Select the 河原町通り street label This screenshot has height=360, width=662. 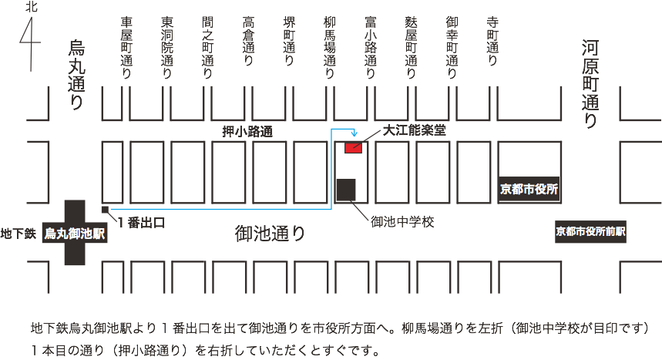click(x=590, y=85)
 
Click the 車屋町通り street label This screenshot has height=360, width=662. click(x=126, y=48)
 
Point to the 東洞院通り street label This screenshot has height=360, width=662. click(x=166, y=48)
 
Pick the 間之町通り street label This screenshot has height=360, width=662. click(x=207, y=48)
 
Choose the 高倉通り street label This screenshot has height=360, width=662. click(x=248, y=42)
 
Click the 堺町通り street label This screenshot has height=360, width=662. click(x=289, y=42)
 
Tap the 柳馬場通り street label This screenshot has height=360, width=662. click(x=330, y=48)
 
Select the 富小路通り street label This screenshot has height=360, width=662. click(x=371, y=48)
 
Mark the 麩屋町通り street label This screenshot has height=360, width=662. click(x=412, y=48)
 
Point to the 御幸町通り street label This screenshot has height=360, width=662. click(x=452, y=48)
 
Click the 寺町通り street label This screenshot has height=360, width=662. click(x=492, y=42)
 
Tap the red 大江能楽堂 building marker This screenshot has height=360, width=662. click(x=353, y=146)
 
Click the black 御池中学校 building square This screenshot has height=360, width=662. click(x=345, y=189)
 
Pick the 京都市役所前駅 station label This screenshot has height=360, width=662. click(x=591, y=231)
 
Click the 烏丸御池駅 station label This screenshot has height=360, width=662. click(x=74, y=233)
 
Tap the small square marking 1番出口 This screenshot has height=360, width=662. click(x=105, y=209)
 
